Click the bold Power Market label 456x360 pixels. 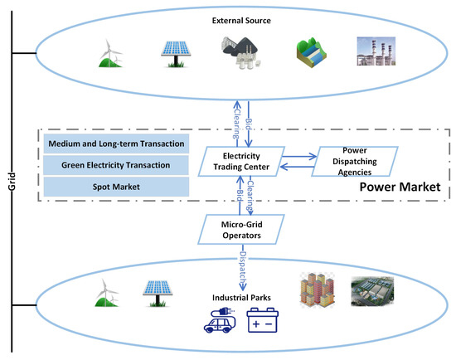click(x=398, y=188)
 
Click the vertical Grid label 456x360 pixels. click(x=12, y=178)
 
